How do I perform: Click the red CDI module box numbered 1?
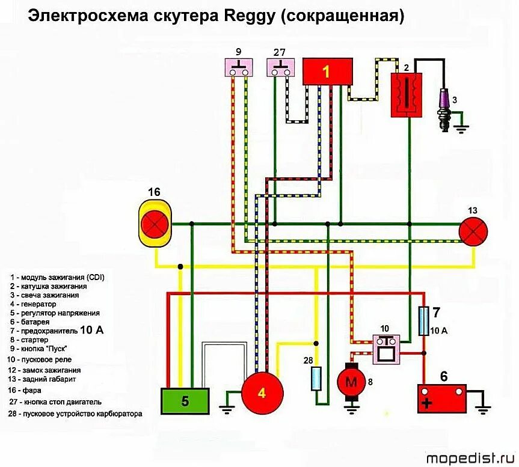tap(327, 72)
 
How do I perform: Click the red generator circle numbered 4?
tap(262, 393)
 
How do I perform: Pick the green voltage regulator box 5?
tap(185, 401)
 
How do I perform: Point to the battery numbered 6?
tap(443, 397)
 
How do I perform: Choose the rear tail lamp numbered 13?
tap(473, 231)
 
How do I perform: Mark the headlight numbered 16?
tap(155, 224)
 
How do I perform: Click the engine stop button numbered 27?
tap(280, 67)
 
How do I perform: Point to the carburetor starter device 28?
tap(316, 379)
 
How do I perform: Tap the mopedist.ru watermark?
tap(470, 458)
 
